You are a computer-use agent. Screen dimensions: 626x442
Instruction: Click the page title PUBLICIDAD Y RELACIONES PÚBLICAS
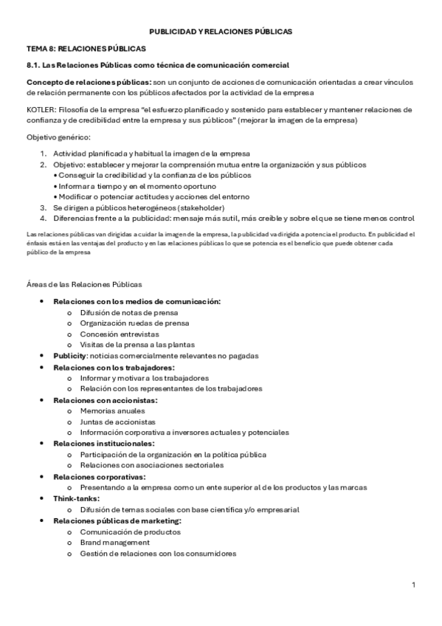click(221, 32)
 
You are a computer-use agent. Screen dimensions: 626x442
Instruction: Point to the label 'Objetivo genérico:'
click(58, 137)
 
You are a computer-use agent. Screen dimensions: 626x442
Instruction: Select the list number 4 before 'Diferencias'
click(43, 218)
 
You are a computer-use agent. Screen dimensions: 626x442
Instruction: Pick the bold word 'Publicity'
click(69, 356)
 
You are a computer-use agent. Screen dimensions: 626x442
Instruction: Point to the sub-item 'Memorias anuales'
click(112, 410)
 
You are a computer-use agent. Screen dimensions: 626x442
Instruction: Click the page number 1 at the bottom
click(414, 585)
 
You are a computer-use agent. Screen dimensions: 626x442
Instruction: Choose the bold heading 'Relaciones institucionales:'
click(103, 443)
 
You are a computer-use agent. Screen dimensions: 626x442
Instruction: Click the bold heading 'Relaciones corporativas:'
click(100, 477)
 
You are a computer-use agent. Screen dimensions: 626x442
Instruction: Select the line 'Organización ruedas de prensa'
click(135, 323)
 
